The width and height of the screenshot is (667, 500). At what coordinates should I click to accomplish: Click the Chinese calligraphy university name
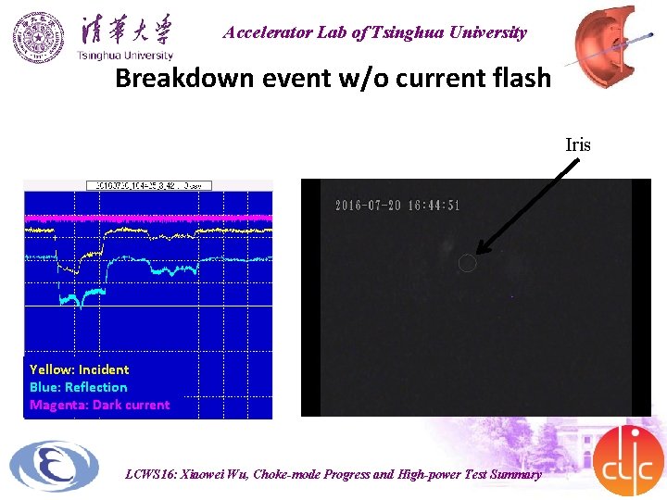pos(125,29)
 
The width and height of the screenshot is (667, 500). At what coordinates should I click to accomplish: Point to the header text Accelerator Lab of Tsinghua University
pos(374,33)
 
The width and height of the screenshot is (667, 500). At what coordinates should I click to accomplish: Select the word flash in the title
pos(518,78)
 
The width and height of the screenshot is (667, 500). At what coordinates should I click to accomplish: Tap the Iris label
pos(578,144)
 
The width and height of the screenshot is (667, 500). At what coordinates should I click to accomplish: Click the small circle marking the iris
pos(468,264)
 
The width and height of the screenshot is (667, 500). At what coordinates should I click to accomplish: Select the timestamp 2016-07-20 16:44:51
pos(397,206)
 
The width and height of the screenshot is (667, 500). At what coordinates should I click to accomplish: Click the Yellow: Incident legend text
pos(80,369)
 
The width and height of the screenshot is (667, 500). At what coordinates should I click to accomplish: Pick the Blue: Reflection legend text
pos(79,387)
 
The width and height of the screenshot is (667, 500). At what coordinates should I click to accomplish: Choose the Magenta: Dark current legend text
pos(100,405)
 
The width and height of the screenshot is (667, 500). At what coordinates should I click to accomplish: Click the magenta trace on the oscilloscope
pos(148,216)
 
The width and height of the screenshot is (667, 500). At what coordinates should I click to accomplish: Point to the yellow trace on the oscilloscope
pos(148,235)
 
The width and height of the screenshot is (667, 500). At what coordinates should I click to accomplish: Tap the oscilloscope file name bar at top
pos(149,185)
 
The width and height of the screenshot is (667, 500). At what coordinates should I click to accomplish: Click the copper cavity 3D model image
pos(607,42)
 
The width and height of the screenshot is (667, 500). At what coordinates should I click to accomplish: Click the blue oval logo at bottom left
pos(54,466)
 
